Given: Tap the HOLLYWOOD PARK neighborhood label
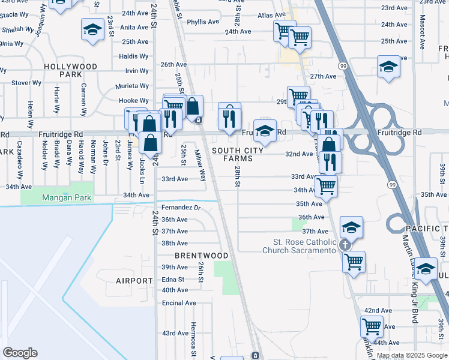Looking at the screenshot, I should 71,70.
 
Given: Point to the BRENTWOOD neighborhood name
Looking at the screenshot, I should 202,256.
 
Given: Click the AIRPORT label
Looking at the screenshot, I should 134,281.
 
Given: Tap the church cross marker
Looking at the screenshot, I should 345,244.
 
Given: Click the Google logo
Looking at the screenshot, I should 20,353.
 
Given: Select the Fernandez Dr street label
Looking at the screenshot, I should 181,208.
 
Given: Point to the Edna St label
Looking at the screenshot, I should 173,280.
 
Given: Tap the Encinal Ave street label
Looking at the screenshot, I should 179,303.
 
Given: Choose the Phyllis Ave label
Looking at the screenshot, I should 203,22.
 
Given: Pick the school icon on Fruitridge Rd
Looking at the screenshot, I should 265,130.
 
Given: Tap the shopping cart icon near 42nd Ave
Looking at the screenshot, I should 372,326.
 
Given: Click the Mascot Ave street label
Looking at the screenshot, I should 422,36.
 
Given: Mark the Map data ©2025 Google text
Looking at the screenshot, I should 411,355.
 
